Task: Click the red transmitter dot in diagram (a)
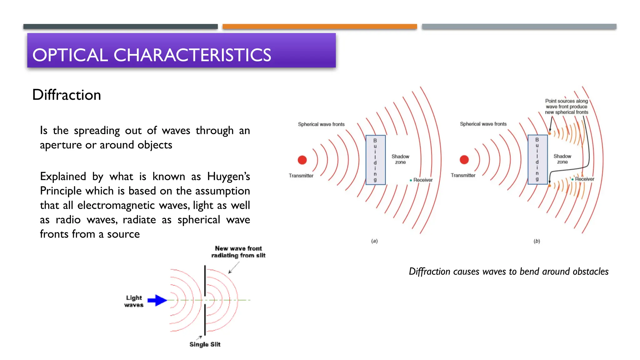click(302, 160)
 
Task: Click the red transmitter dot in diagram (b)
click(464, 160)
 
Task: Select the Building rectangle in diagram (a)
click(375, 160)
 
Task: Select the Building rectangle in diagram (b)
click(537, 159)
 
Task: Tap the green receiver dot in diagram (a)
click(411, 180)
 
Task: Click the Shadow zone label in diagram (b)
click(562, 159)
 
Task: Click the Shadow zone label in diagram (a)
click(400, 159)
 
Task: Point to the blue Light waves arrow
click(157, 300)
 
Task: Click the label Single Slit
click(205, 344)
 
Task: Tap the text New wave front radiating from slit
click(238, 252)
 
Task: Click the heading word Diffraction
click(67, 95)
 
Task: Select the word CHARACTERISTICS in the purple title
click(192, 55)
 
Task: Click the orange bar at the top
click(319, 27)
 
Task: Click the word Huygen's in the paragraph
click(228, 176)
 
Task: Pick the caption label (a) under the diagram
click(374, 241)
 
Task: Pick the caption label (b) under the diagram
click(537, 241)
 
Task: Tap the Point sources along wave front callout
click(566, 107)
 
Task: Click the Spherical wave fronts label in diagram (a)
click(321, 124)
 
